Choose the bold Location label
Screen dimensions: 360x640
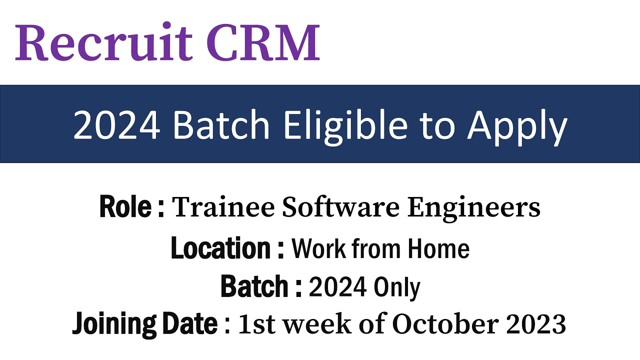pos(220,248)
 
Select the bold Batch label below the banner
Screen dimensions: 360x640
pos(254,286)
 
